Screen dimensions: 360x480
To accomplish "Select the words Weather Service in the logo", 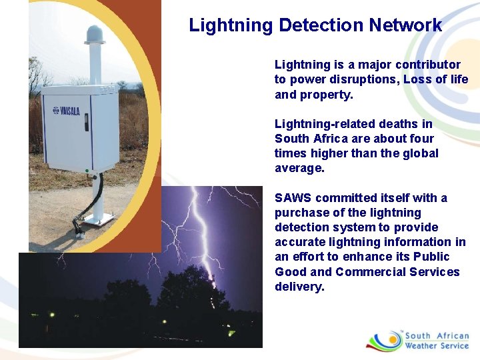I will coord(437,346).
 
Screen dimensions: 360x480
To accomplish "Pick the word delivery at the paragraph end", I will coord(299,287).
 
